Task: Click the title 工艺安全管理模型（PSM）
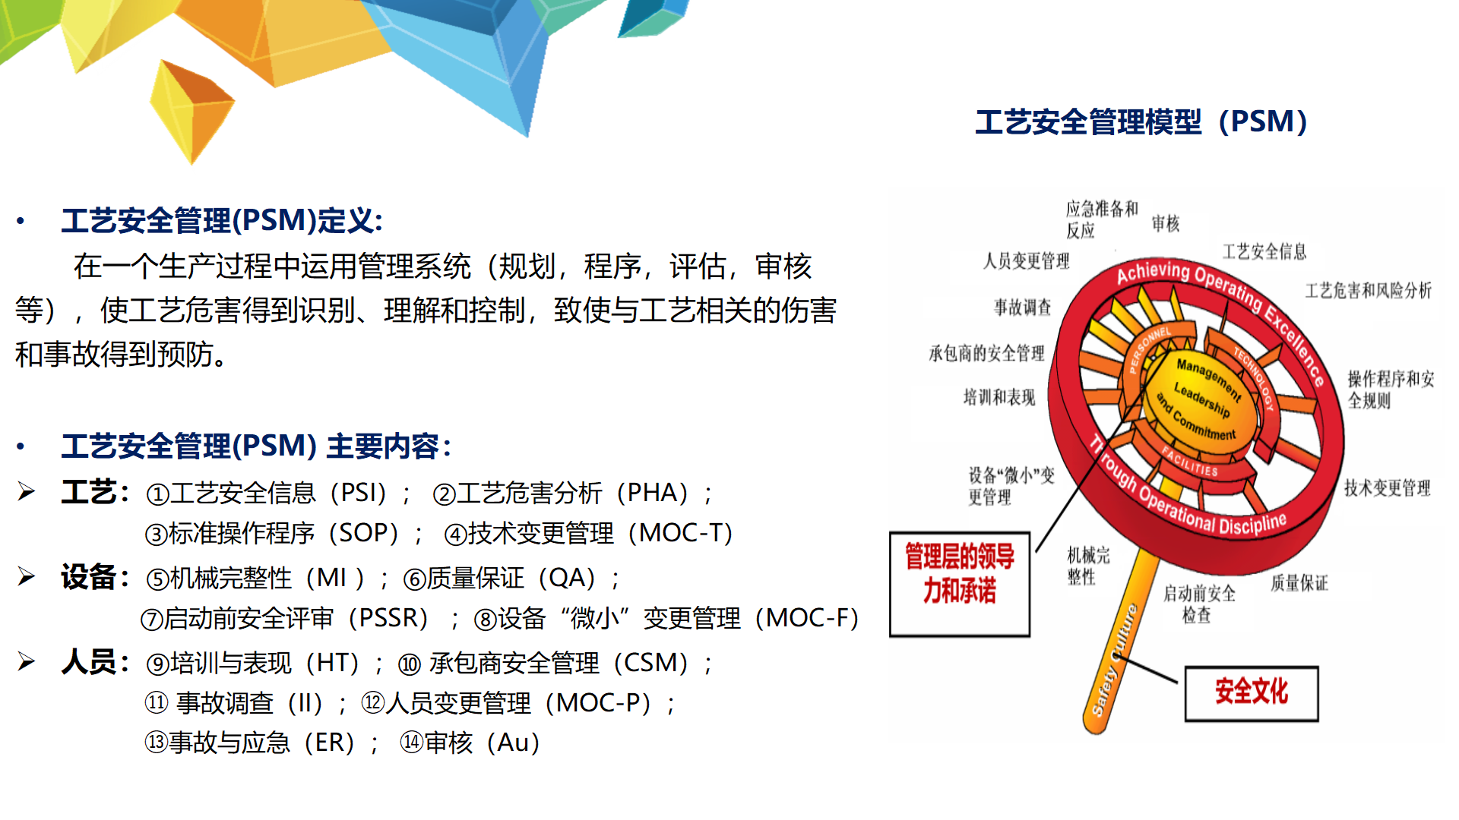click(1141, 121)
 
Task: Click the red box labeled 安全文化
click(1252, 693)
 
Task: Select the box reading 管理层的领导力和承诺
click(960, 584)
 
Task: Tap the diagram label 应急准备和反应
click(1102, 219)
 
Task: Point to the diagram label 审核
click(1166, 223)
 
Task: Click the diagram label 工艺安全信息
click(1264, 252)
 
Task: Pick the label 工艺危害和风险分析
click(1369, 291)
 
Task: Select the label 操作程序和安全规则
click(1391, 389)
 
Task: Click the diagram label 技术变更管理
click(1388, 488)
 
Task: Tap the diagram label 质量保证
click(1299, 583)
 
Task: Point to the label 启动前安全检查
click(1199, 604)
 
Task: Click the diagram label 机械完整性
click(1088, 566)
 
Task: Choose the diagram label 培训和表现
click(999, 397)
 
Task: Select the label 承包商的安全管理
click(986, 353)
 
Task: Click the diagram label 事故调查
click(1023, 307)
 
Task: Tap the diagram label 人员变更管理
click(1026, 261)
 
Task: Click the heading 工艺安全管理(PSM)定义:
click(222, 221)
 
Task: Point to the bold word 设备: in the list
click(95, 578)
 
